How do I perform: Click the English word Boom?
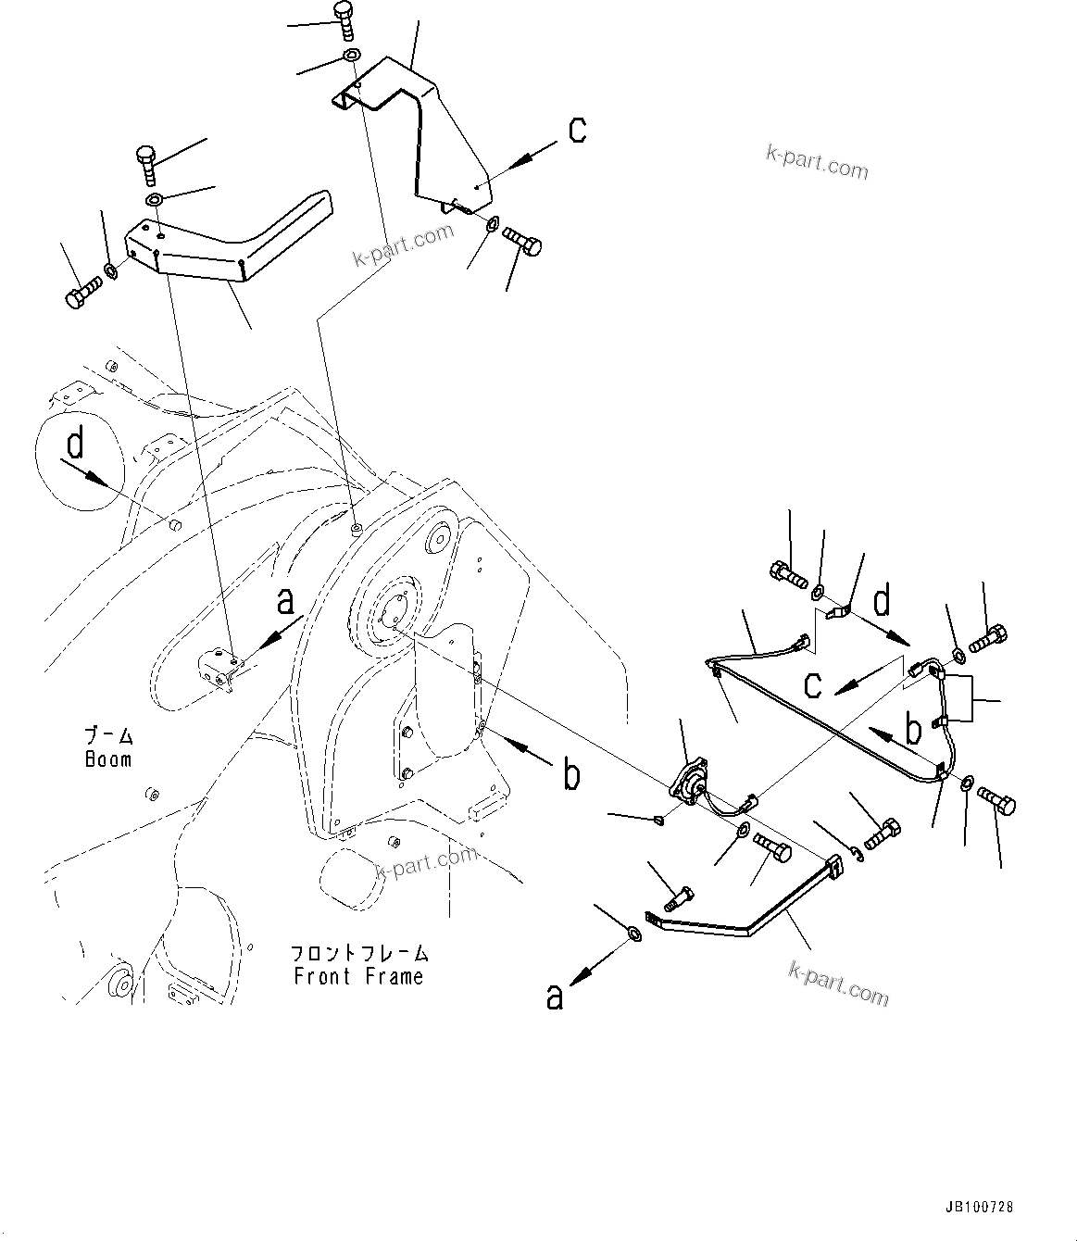point(108,759)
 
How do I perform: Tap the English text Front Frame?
point(358,976)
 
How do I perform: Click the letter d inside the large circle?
point(76,445)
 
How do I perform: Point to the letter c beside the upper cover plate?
point(577,131)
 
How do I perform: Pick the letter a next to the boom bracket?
point(286,603)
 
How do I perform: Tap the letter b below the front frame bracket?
point(572,775)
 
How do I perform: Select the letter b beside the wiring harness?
point(913,731)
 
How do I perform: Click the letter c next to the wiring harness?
point(813,686)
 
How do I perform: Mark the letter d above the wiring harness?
point(882,601)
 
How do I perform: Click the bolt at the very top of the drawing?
point(345,20)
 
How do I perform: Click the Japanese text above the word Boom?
point(108,737)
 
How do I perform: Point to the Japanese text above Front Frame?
point(358,953)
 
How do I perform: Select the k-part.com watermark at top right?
point(817,163)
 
